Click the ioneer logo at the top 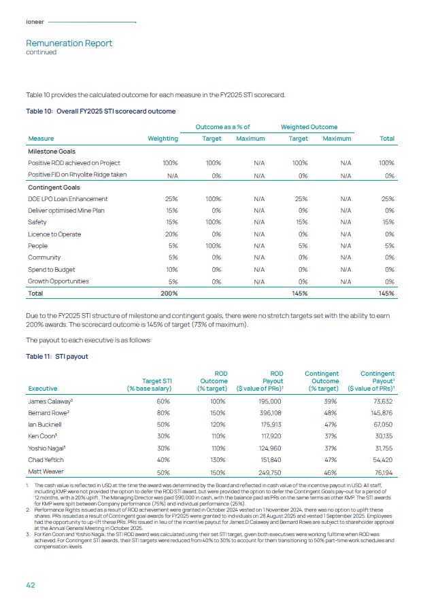pyautogui.click(x=35, y=22)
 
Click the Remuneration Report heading pyautogui.click(x=69, y=43)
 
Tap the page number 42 pyautogui.click(x=31, y=584)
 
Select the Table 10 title pyautogui.click(x=101, y=111)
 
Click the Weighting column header pyautogui.click(x=163, y=139)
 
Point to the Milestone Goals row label pyautogui.click(x=52, y=152)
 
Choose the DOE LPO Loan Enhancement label pyautogui.click(x=67, y=199)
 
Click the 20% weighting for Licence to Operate pyautogui.click(x=170, y=234)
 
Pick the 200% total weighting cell pyautogui.click(x=169, y=293)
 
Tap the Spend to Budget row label pyautogui.click(x=52, y=269)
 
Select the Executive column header pyautogui.click(x=42, y=389)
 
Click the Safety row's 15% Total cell pyautogui.click(x=388, y=222)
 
